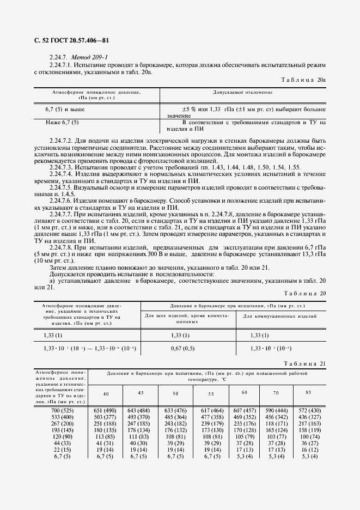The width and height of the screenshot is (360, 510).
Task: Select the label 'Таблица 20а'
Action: tap(303, 80)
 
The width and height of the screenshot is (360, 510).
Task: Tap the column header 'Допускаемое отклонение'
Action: tap(243, 93)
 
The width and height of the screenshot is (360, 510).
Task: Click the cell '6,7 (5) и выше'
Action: tap(65, 110)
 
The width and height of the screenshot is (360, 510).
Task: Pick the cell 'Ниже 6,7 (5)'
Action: tap(63, 123)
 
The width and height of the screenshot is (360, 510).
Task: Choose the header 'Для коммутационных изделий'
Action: tap(279, 316)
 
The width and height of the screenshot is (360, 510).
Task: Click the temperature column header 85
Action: tap(309, 393)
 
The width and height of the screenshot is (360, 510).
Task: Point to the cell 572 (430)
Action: tap(309, 409)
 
